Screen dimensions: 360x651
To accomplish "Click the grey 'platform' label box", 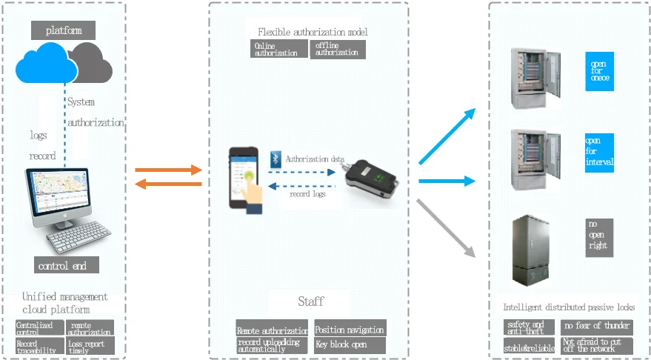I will coord(64,30).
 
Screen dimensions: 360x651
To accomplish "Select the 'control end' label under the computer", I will coord(67,265).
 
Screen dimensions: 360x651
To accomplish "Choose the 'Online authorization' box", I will coord(278,49).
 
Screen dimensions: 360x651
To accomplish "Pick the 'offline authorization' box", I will coord(338,49).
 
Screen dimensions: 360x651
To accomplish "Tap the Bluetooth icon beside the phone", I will coord(275,158).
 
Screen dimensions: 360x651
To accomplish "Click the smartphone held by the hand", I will coord(244,176).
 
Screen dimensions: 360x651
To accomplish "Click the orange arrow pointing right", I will coord(169,170).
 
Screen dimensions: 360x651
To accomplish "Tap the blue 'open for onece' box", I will coord(599,71).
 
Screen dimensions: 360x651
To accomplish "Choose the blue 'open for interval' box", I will coord(599,152).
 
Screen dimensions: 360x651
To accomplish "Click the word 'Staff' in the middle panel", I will coord(310,301).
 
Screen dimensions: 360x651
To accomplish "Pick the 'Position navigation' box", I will coord(350,329).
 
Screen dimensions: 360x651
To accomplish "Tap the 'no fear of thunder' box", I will coord(596,326).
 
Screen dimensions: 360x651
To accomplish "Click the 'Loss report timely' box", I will coord(90,345).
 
